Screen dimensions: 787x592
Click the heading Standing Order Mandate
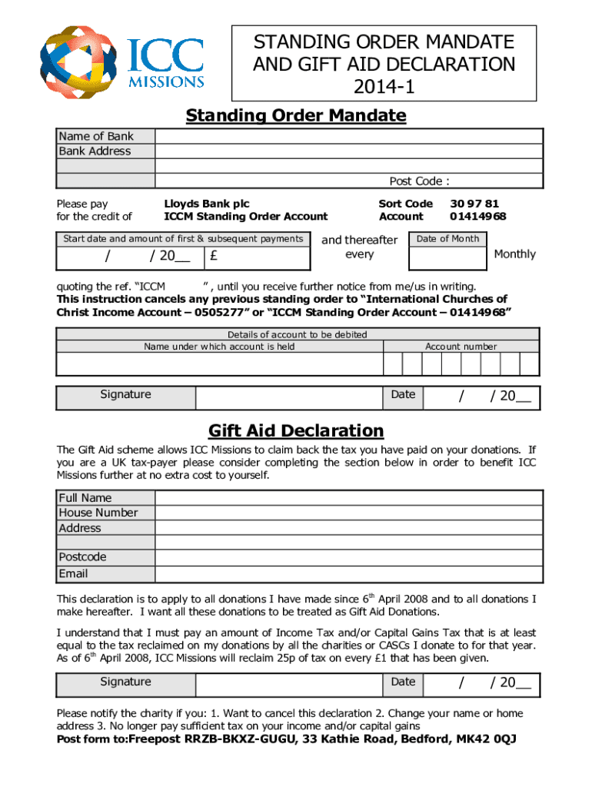pyautogui.click(x=296, y=116)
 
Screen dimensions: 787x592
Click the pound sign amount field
pyautogui.click(x=258, y=256)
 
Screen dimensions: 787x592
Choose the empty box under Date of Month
pyautogui.click(x=447, y=257)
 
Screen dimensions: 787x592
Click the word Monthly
pyautogui.click(x=514, y=254)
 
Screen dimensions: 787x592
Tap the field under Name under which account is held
pyautogui.click(x=219, y=364)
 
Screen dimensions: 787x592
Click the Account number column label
pyautogui.click(x=461, y=347)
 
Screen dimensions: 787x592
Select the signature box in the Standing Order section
pyautogui.click(x=288, y=397)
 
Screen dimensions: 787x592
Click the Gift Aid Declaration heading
pyautogui.click(x=296, y=430)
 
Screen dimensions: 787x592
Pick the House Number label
pyautogui.click(x=98, y=513)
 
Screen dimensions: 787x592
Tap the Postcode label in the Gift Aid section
pyautogui.click(x=82, y=557)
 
